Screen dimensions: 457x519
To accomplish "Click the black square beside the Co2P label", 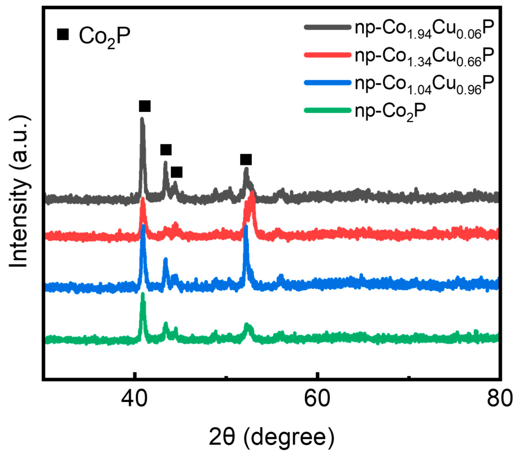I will coord(63,34).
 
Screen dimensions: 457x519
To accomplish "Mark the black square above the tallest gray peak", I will coord(145,106).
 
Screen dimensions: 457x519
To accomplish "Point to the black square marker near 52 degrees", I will coord(246,160).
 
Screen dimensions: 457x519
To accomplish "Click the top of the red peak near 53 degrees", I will coord(252,193).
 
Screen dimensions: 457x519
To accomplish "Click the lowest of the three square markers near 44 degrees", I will coord(176,172).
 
